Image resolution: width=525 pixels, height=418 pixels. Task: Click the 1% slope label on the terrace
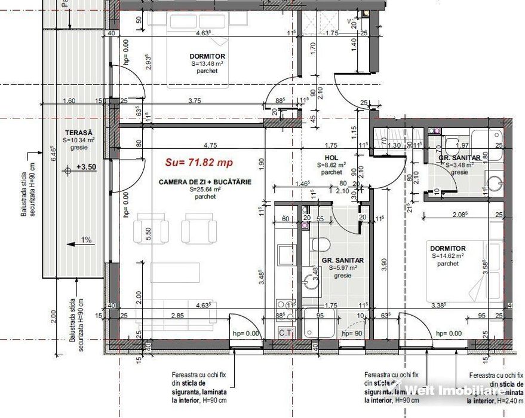(x=86, y=240)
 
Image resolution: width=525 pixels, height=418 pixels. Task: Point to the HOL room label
(x=331, y=157)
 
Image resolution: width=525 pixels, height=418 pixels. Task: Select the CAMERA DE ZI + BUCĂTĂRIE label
(x=205, y=181)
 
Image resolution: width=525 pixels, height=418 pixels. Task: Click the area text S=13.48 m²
(x=207, y=63)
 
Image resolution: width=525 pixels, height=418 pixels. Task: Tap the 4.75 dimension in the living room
(x=209, y=145)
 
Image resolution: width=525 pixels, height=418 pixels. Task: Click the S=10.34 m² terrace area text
(x=79, y=139)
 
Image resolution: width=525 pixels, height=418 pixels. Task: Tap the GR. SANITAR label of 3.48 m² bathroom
(x=459, y=158)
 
